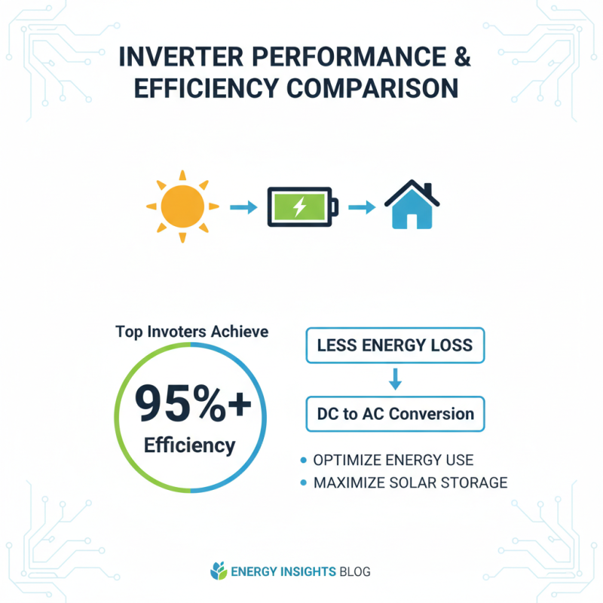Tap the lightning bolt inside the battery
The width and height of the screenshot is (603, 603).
pyautogui.click(x=299, y=206)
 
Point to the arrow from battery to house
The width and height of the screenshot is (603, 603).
pyautogui.click(x=362, y=206)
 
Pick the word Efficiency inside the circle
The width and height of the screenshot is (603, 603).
pyautogui.click(x=190, y=445)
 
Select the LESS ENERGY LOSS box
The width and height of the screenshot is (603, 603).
pyautogui.click(x=395, y=346)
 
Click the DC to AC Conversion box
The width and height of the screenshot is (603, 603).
pyautogui.click(x=395, y=413)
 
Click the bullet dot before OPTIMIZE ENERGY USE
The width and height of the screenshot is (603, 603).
pyautogui.click(x=304, y=460)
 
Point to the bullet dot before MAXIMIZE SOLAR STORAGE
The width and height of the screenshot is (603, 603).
pyautogui.click(x=304, y=482)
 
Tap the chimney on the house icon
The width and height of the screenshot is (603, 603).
pyautogui.click(x=427, y=188)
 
